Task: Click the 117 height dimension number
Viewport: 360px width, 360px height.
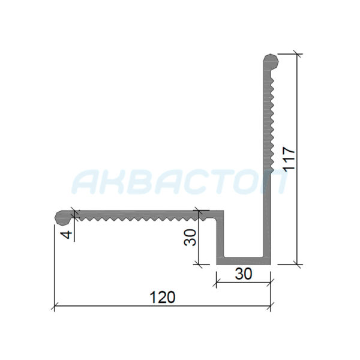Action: pyautogui.click(x=289, y=158)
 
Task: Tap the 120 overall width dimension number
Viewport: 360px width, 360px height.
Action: pyautogui.click(x=163, y=297)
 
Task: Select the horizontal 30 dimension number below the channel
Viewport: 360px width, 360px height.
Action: pyautogui.click(x=244, y=273)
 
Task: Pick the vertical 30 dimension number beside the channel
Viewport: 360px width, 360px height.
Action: pyautogui.click(x=190, y=238)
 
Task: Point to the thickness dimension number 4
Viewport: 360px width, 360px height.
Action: pyautogui.click(x=67, y=235)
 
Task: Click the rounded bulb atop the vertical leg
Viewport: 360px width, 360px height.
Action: pyautogui.click(x=271, y=61)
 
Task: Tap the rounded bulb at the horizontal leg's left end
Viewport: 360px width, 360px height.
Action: pyautogui.click(x=62, y=217)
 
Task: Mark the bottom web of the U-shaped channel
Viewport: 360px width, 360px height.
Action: pyautogui.click(x=244, y=260)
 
